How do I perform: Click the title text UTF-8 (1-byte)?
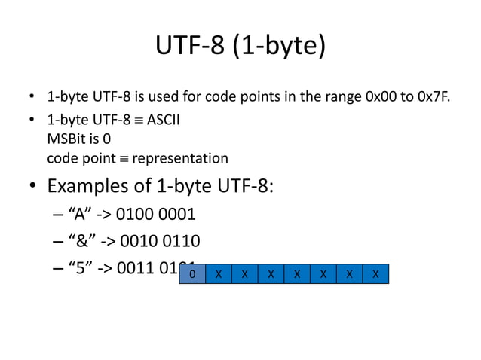pos(240,46)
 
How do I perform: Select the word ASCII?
pos(162,120)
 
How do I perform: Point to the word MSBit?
pos(65,139)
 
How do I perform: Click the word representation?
pos(179,159)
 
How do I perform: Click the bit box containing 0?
pos(192,274)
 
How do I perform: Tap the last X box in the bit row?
pos(375,274)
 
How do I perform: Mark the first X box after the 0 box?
pos(219,274)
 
